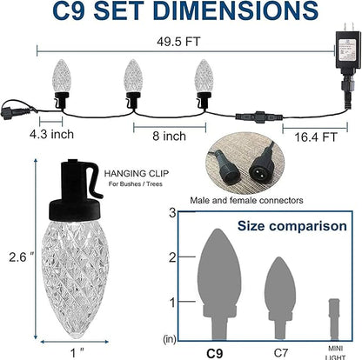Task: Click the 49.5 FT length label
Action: pos(178,42)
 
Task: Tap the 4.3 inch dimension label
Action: pos(51,134)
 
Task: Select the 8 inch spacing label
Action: pos(170,136)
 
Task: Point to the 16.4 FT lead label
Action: pos(315,137)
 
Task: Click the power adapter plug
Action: pos(345,50)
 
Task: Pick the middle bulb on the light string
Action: pos(133,83)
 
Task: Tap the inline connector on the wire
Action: pos(259,117)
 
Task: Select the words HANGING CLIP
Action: pos(137,174)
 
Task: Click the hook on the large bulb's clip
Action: pos(95,181)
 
